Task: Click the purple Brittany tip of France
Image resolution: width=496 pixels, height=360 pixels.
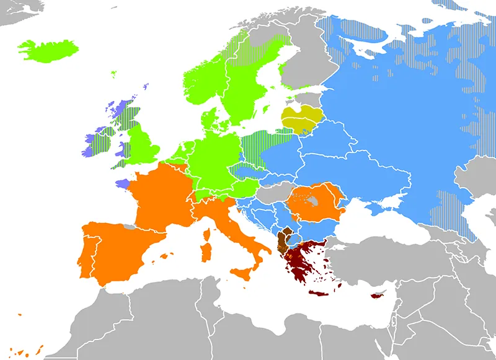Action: pos(122,183)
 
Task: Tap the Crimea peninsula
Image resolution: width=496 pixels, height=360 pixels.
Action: pos(391,202)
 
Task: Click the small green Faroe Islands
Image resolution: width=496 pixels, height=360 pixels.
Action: pos(114,74)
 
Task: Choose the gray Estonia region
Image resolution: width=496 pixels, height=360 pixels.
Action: pos(308,97)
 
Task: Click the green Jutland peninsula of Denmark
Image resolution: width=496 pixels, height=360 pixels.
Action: pos(210,118)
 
